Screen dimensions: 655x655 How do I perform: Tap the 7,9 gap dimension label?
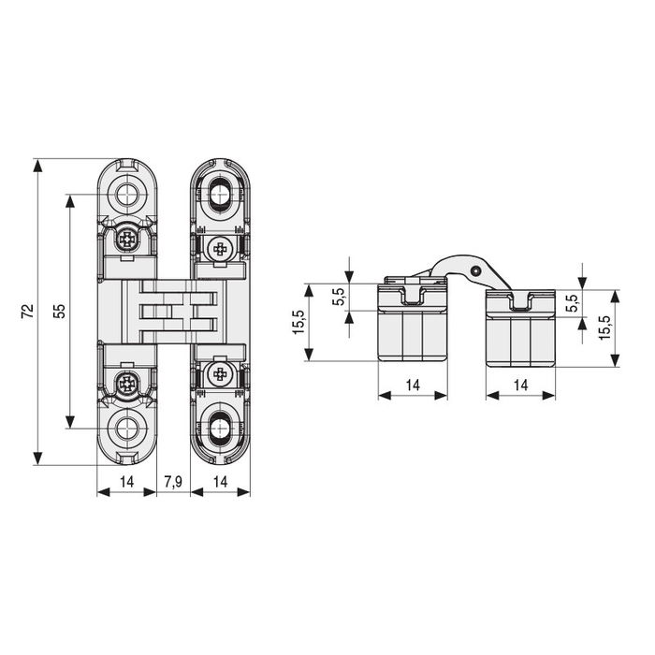[x=173, y=481]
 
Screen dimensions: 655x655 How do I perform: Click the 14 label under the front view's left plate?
[x=127, y=481]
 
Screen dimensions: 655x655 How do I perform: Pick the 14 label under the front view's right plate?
[x=221, y=481]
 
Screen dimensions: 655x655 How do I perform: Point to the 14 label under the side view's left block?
[x=412, y=385]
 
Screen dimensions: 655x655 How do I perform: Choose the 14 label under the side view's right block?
[x=521, y=385]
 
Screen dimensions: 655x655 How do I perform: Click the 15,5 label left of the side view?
[x=298, y=323]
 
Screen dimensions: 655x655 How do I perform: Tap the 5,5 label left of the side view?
[x=338, y=298]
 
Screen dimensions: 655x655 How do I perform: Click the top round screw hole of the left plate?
[x=127, y=195]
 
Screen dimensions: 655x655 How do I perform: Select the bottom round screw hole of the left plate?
[x=127, y=429]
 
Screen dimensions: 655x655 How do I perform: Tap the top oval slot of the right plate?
[x=221, y=195]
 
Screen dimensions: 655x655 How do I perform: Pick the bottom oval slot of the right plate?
[x=221, y=429]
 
